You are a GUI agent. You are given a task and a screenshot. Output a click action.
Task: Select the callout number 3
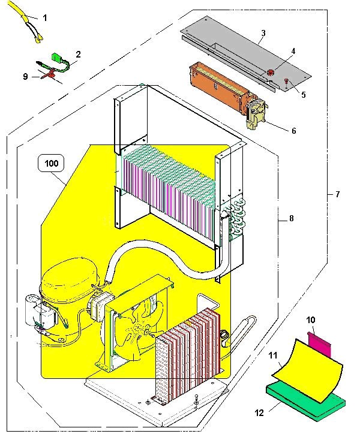tap(263, 32)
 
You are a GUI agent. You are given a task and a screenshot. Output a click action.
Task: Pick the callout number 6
tap(293, 130)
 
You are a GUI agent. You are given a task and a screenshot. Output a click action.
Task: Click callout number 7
tap(337, 194)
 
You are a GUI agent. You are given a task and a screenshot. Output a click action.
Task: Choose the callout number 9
tap(25, 77)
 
